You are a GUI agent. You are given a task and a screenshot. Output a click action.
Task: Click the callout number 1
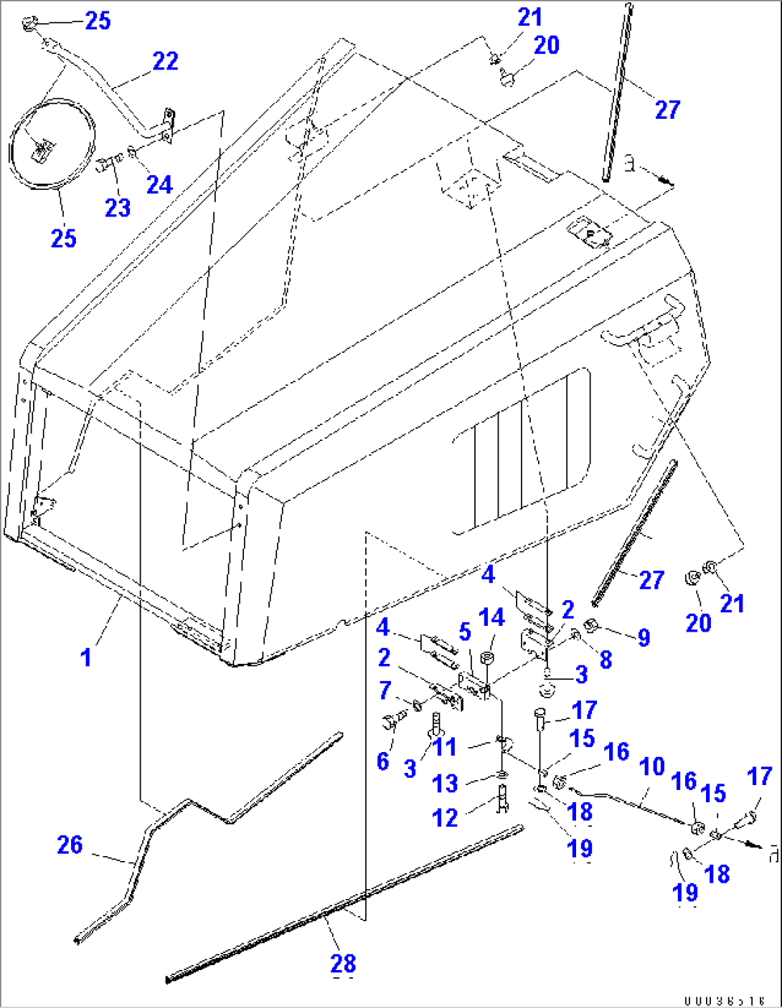[86, 657]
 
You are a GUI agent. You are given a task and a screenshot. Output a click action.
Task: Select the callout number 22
[165, 62]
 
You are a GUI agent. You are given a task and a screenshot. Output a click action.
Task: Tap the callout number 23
[118, 208]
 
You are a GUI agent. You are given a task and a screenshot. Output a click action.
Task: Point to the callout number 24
[159, 184]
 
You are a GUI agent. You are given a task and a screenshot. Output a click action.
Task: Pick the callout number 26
[70, 845]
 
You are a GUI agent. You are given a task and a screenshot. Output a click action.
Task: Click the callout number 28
[344, 964]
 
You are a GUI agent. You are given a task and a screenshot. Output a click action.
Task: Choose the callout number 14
[492, 617]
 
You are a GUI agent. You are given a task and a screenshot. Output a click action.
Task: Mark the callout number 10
[651, 766]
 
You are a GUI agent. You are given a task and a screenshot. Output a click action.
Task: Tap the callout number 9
[644, 637]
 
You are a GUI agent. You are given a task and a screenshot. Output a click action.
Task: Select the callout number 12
[445, 817]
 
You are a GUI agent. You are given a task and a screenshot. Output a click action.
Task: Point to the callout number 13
[445, 784]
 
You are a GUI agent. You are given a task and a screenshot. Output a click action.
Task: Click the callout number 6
[383, 761]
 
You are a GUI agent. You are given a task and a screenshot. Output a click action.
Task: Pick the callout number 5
[465, 632]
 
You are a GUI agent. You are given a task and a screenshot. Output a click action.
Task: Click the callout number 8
[606, 660]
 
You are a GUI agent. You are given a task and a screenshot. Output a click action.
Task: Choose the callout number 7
[385, 690]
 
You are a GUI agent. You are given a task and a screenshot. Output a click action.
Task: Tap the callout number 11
[445, 747]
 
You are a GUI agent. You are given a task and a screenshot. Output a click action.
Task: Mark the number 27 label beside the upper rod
[667, 110]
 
